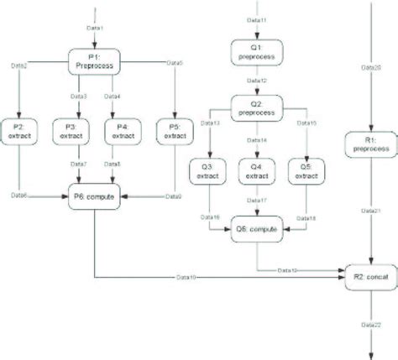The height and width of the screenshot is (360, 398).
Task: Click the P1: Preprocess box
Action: pos(95,63)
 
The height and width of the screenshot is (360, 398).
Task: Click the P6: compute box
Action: pos(95,196)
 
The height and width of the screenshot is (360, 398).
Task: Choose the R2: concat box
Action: pos(371,273)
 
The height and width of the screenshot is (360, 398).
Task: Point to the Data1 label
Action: pos(95,29)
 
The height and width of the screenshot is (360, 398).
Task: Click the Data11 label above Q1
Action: pos(259,20)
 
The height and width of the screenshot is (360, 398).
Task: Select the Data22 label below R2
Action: pos(371,323)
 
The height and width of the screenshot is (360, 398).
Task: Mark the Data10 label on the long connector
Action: pos(187,275)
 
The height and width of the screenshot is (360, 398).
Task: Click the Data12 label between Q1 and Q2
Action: pos(259,81)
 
